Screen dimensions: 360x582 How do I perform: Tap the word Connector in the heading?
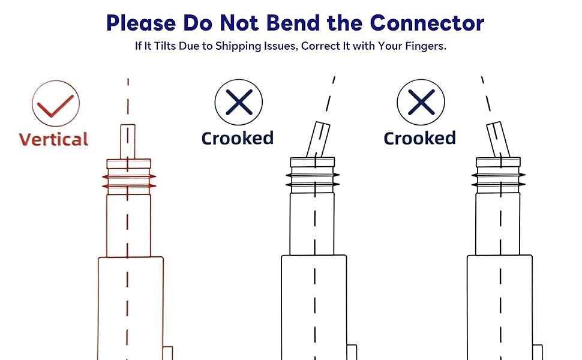[x=427, y=23]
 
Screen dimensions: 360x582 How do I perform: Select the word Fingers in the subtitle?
[x=424, y=46]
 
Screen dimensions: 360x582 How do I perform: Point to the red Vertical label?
[x=53, y=139]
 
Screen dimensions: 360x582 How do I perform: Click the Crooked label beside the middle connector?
[x=238, y=138]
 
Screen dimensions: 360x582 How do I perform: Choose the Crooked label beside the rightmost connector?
[x=420, y=138]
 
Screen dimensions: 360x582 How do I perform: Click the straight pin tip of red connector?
[x=128, y=140]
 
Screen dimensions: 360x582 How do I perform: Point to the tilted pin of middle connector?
[x=317, y=140]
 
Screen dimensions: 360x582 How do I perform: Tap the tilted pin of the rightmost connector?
[x=497, y=140]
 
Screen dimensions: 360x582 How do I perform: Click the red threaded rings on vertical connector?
[x=128, y=181]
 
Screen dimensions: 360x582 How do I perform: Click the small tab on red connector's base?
[x=168, y=353]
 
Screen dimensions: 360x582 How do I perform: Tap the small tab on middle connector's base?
[x=352, y=352]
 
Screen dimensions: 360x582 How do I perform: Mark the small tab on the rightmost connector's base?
[x=537, y=352]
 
